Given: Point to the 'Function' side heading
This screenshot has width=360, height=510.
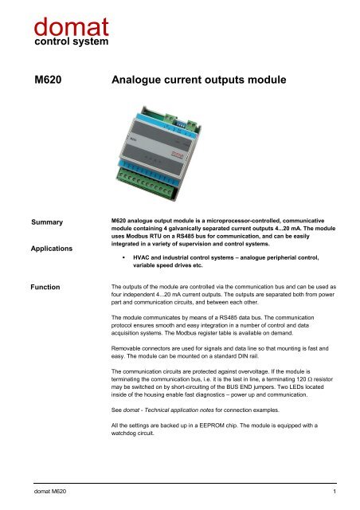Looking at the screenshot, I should [49, 284].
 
